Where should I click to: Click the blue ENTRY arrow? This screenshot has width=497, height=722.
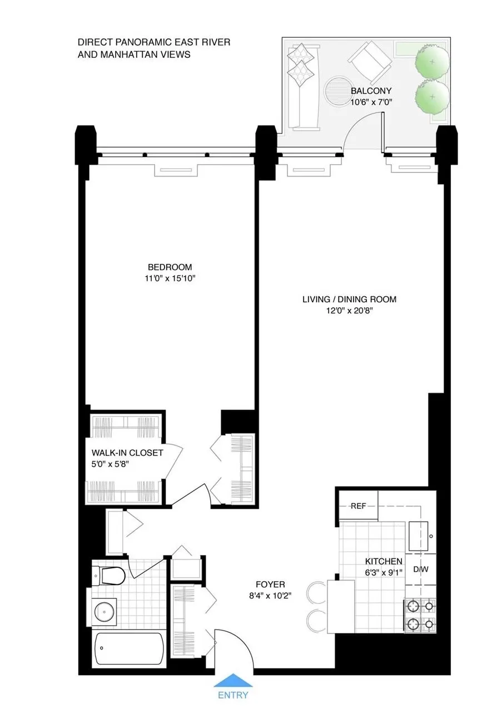coord(233,680)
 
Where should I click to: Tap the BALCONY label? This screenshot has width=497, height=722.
coord(371,91)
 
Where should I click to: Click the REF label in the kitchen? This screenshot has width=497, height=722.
coord(357,506)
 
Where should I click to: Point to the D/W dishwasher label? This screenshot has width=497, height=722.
coord(420,569)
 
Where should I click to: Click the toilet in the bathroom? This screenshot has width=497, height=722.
coord(109,576)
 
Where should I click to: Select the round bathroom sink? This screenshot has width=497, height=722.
coord(105,611)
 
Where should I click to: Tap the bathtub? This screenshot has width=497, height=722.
coord(129,647)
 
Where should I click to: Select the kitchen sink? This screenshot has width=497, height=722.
coord(421,535)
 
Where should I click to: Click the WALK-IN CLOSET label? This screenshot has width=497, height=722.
coord(127,453)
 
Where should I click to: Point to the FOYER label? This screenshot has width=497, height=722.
coord(270,585)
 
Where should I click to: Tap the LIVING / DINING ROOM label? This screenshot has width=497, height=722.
coord(349,299)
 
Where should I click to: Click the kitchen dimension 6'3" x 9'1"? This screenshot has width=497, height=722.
coord(383,573)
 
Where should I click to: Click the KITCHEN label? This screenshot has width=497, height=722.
coord(383,562)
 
